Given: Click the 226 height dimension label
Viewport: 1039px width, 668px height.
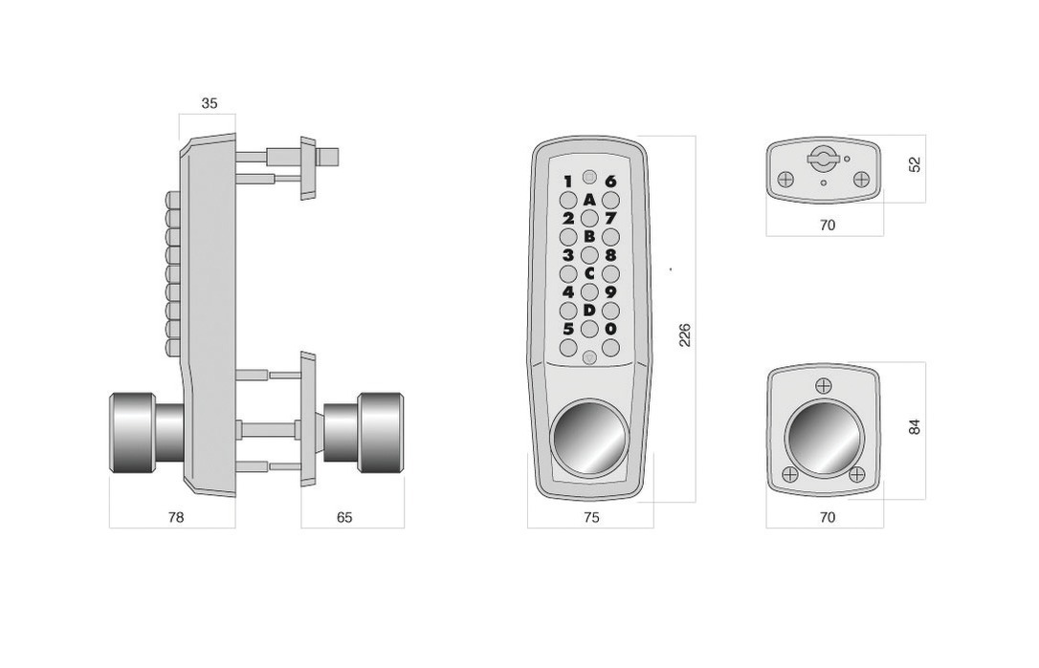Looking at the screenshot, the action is (685, 335).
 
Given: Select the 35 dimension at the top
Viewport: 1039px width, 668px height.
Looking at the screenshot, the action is (210, 103).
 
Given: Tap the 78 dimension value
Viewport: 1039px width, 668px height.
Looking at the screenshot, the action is (176, 517).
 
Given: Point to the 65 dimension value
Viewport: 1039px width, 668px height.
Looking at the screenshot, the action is (344, 517).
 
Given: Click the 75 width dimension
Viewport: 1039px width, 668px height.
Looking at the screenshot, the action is (591, 517).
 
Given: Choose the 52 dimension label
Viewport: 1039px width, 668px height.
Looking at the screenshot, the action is (915, 164).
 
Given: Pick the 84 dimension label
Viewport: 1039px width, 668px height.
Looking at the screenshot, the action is (915, 427).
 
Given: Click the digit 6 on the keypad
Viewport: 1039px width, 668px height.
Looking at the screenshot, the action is (610, 181).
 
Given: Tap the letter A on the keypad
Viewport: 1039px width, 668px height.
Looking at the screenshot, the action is (589, 200).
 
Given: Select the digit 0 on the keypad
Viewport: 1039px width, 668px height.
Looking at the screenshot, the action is (610, 329).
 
